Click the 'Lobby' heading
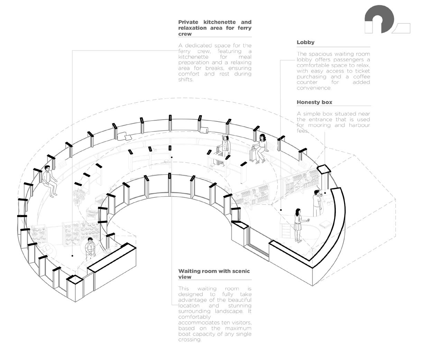point(305,42)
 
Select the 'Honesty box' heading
point(314,102)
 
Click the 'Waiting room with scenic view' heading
point(214,274)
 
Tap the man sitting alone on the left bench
point(49,180)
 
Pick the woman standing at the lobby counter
point(298,225)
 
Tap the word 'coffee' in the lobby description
point(361,77)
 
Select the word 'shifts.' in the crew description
point(186,79)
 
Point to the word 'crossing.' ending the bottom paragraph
point(190,340)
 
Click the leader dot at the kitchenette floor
point(72,256)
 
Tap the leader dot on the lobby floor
point(281,210)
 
